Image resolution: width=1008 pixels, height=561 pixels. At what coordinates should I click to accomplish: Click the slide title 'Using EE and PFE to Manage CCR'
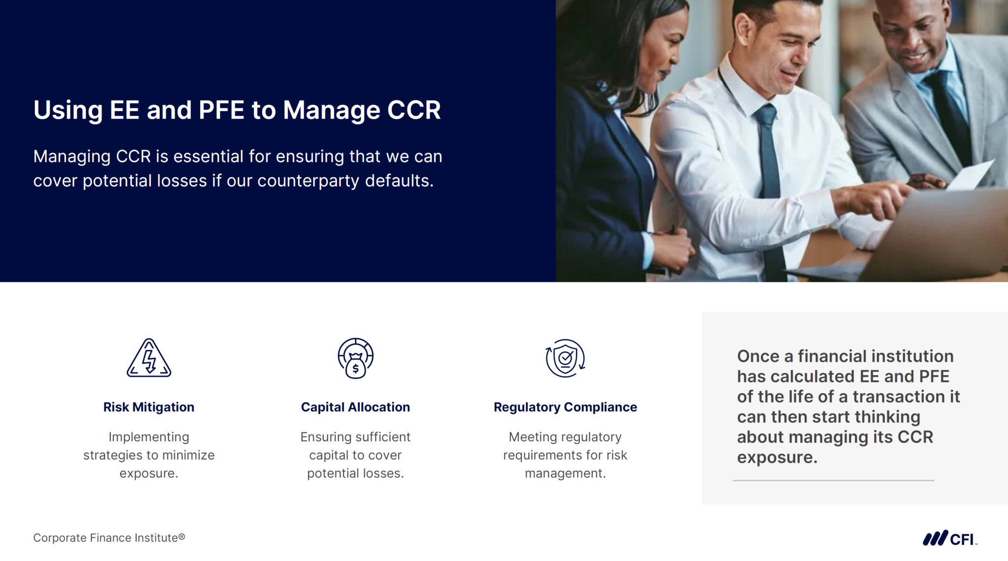[x=237, y=110]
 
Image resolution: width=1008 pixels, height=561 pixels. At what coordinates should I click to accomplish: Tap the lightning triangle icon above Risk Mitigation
[x=149, y=358]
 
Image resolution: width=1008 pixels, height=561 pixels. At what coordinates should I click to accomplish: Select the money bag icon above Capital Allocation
[x=355, y=358]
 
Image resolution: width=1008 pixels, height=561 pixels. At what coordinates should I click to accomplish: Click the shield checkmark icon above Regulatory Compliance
[x=565, y=358]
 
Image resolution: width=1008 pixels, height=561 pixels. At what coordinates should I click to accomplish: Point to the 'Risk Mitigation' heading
[x=149, y=407]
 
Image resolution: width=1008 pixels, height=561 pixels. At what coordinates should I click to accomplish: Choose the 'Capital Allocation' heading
[x=355, y=407]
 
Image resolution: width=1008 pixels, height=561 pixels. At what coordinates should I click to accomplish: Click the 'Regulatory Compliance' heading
[x=565, y=407]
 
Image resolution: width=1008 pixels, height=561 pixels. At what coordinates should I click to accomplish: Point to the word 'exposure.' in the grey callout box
[x=777, y=457]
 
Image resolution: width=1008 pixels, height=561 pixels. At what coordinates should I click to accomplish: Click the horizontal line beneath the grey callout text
[x=833, y=480]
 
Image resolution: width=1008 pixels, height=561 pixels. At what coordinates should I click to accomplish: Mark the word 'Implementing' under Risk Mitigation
[x=149, y=437]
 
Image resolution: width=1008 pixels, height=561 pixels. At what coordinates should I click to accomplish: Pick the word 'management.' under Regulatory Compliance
[x=565, y=473]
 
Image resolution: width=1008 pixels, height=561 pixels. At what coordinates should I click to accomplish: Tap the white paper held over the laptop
[x=970, y=175]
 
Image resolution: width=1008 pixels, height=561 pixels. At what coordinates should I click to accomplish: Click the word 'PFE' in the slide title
[x=221, y=110]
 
